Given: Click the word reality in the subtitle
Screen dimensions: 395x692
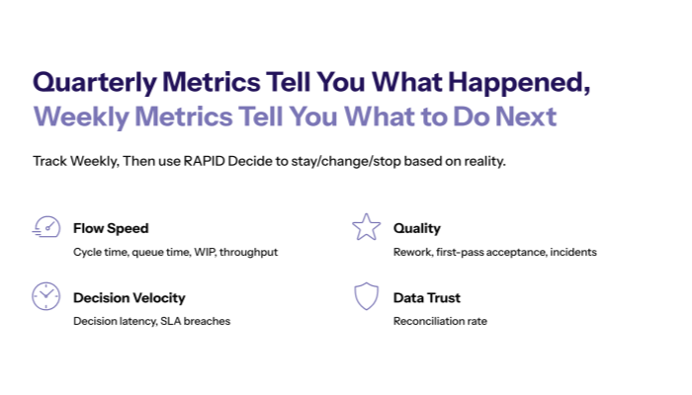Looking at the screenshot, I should (x=481, y=160).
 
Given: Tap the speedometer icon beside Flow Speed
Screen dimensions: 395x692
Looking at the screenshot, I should (x=45, y=226).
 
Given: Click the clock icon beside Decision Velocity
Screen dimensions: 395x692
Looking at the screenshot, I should (x=45, y=296).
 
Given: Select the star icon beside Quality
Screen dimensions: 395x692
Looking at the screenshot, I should (x=366, y=226).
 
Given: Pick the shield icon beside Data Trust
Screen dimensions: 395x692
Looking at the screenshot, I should (x=366, y=296).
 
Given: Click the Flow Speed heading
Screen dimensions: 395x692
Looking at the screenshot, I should (x=111, y=228).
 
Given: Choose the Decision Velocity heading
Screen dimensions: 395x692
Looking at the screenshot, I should (x=129, y=297).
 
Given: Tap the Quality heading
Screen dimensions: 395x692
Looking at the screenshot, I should (x=416, y=228).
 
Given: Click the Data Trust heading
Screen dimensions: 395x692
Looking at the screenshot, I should (x=426, y=297).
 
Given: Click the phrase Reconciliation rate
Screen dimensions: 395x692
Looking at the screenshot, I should (x=440, y=321).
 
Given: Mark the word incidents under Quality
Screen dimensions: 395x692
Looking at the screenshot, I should (x=572, y=252).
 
